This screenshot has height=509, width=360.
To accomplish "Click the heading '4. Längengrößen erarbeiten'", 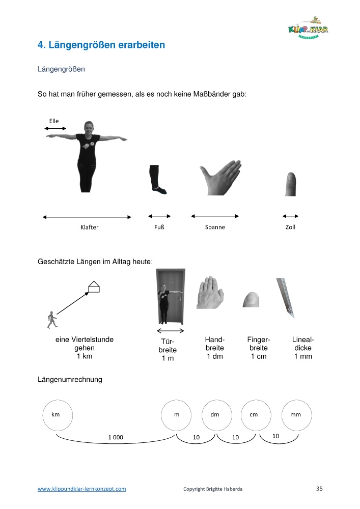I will tap(101, 45).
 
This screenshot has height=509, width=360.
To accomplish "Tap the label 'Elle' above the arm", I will tap(54, 121).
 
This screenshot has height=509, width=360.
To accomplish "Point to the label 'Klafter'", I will tap(90, 228).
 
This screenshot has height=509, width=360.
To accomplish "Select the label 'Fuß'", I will tap(159, 227).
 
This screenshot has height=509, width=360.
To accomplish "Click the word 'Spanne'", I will tap(215, 228).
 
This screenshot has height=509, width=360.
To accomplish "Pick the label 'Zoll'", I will tap(290, 227).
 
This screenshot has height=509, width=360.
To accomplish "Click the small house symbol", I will tap(93, 287).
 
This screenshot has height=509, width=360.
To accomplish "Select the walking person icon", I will tap(52, 319).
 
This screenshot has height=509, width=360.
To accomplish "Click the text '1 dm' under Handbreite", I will tap(215, 356).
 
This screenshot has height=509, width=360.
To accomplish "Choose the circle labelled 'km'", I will tap(57, 415).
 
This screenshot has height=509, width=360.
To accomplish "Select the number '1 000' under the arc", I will tap(116, 437).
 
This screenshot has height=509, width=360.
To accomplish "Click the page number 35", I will tap(320, 489).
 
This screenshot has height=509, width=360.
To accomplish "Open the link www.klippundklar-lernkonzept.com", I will tap(82, 489).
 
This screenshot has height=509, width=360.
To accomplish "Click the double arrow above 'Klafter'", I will tap(87, 217).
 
